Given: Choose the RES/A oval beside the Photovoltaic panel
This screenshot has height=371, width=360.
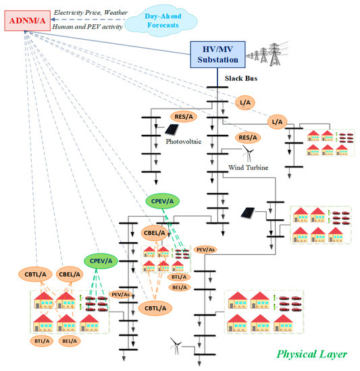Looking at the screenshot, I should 184,117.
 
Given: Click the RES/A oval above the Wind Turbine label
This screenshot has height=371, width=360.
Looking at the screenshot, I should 249,138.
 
